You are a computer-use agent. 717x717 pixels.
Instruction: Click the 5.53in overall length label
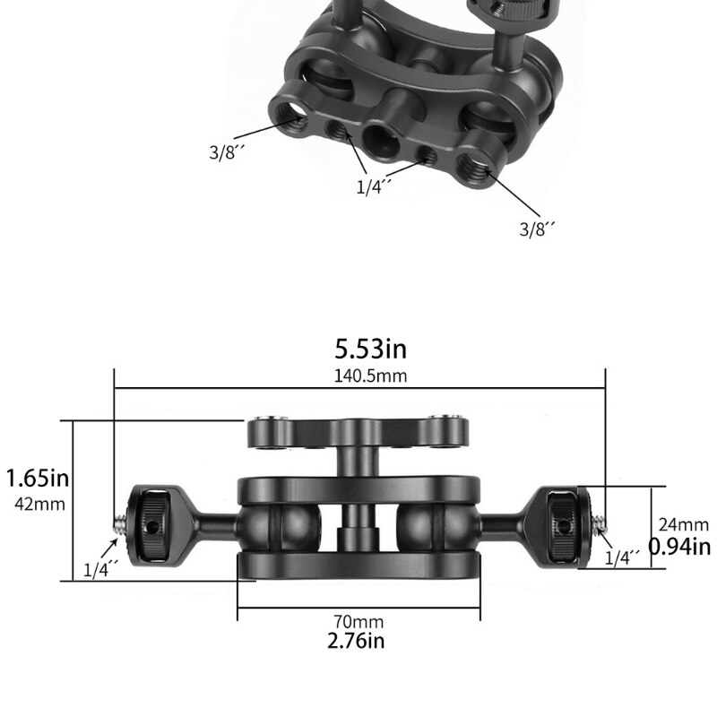370,349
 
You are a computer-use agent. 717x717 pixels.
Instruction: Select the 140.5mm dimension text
370,376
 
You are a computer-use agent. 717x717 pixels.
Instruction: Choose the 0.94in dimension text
679,546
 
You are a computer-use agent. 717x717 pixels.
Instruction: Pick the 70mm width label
358,622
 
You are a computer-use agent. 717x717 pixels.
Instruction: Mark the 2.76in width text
358,641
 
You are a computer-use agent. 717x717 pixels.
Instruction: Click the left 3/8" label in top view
228,151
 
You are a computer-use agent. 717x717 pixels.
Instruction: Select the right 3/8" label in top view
538,229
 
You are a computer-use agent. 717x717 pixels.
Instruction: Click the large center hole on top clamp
377,137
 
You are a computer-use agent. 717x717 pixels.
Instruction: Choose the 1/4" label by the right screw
623,557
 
